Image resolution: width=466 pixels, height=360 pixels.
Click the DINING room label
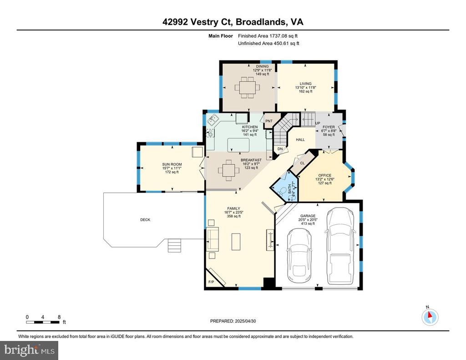[x=263, y=66]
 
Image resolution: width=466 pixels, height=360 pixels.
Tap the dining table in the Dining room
[x=247, y=88]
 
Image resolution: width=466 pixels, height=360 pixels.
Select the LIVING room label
[x=305, y=84]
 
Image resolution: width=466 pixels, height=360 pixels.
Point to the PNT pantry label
[x=269, y=121]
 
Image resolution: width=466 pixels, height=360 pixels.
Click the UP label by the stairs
[x=318, y=123]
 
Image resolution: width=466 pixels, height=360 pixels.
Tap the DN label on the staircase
[x=280, y=149]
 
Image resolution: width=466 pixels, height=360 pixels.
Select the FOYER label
[x=329, y=127]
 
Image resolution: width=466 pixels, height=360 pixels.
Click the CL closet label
[x=303, y=163]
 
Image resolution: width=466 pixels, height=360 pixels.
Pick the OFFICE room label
[x=325, y=175]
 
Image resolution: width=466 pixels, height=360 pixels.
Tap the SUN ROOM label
[x=172, y=164]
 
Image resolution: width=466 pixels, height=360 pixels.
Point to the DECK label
[x=145, y=220]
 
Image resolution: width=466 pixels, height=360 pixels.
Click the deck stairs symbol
[x=174, y=246]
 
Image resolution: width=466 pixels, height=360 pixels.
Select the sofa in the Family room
[x=213, y=239]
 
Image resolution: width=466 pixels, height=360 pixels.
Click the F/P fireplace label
[x=211, y=282]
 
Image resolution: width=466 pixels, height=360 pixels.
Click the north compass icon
[x=430, y=317]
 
